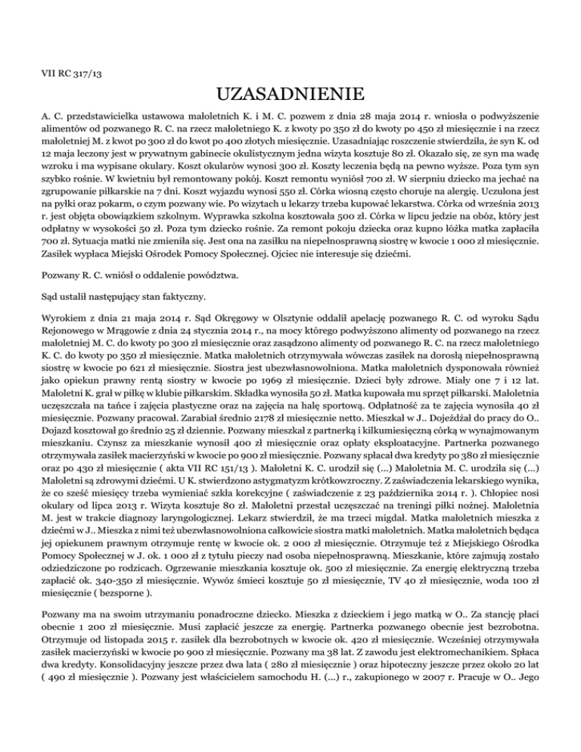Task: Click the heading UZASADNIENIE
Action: [290, 96]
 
